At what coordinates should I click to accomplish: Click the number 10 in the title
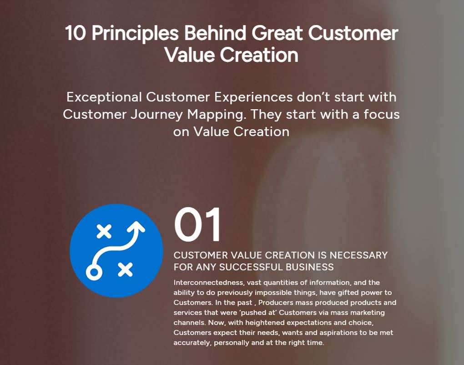(x=75, y=34)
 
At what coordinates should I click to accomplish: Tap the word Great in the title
(x=278, y=34)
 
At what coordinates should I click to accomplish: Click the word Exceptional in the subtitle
(x=104, y=97)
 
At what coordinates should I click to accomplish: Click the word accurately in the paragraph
(x=192, y=343)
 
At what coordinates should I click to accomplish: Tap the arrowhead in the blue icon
(x=137, y=226)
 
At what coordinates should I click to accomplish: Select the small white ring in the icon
(x=94, y=272)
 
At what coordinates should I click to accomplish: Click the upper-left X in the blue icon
(x=104, y=231)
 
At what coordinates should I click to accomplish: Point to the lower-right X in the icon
(x=125, y=269)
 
